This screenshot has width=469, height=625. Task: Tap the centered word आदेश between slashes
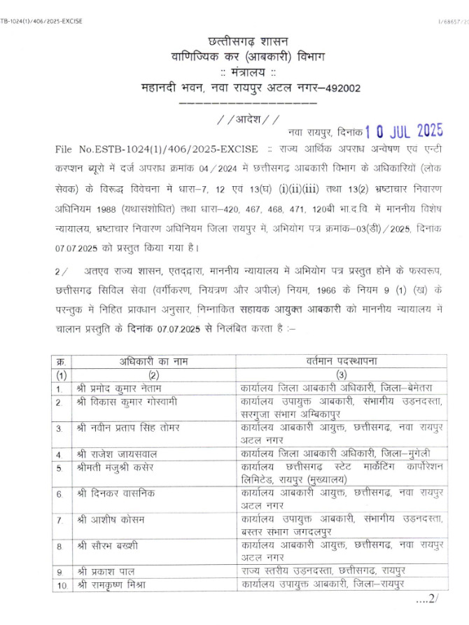click(248, 118)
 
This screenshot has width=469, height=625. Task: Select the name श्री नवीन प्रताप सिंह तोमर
click(129, 428)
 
